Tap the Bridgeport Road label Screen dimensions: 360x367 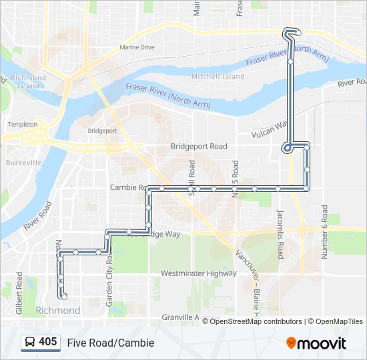199,146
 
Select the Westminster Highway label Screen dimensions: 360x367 199,273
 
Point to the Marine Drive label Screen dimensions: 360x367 137,48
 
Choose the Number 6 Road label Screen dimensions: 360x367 325,230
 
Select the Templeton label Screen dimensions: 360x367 23,125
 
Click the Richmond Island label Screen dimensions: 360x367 29,82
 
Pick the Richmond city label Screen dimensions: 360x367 57,311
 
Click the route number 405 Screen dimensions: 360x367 48,342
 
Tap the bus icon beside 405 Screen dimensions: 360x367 30,343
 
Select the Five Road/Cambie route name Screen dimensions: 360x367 110,343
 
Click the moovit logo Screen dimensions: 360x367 316,343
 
